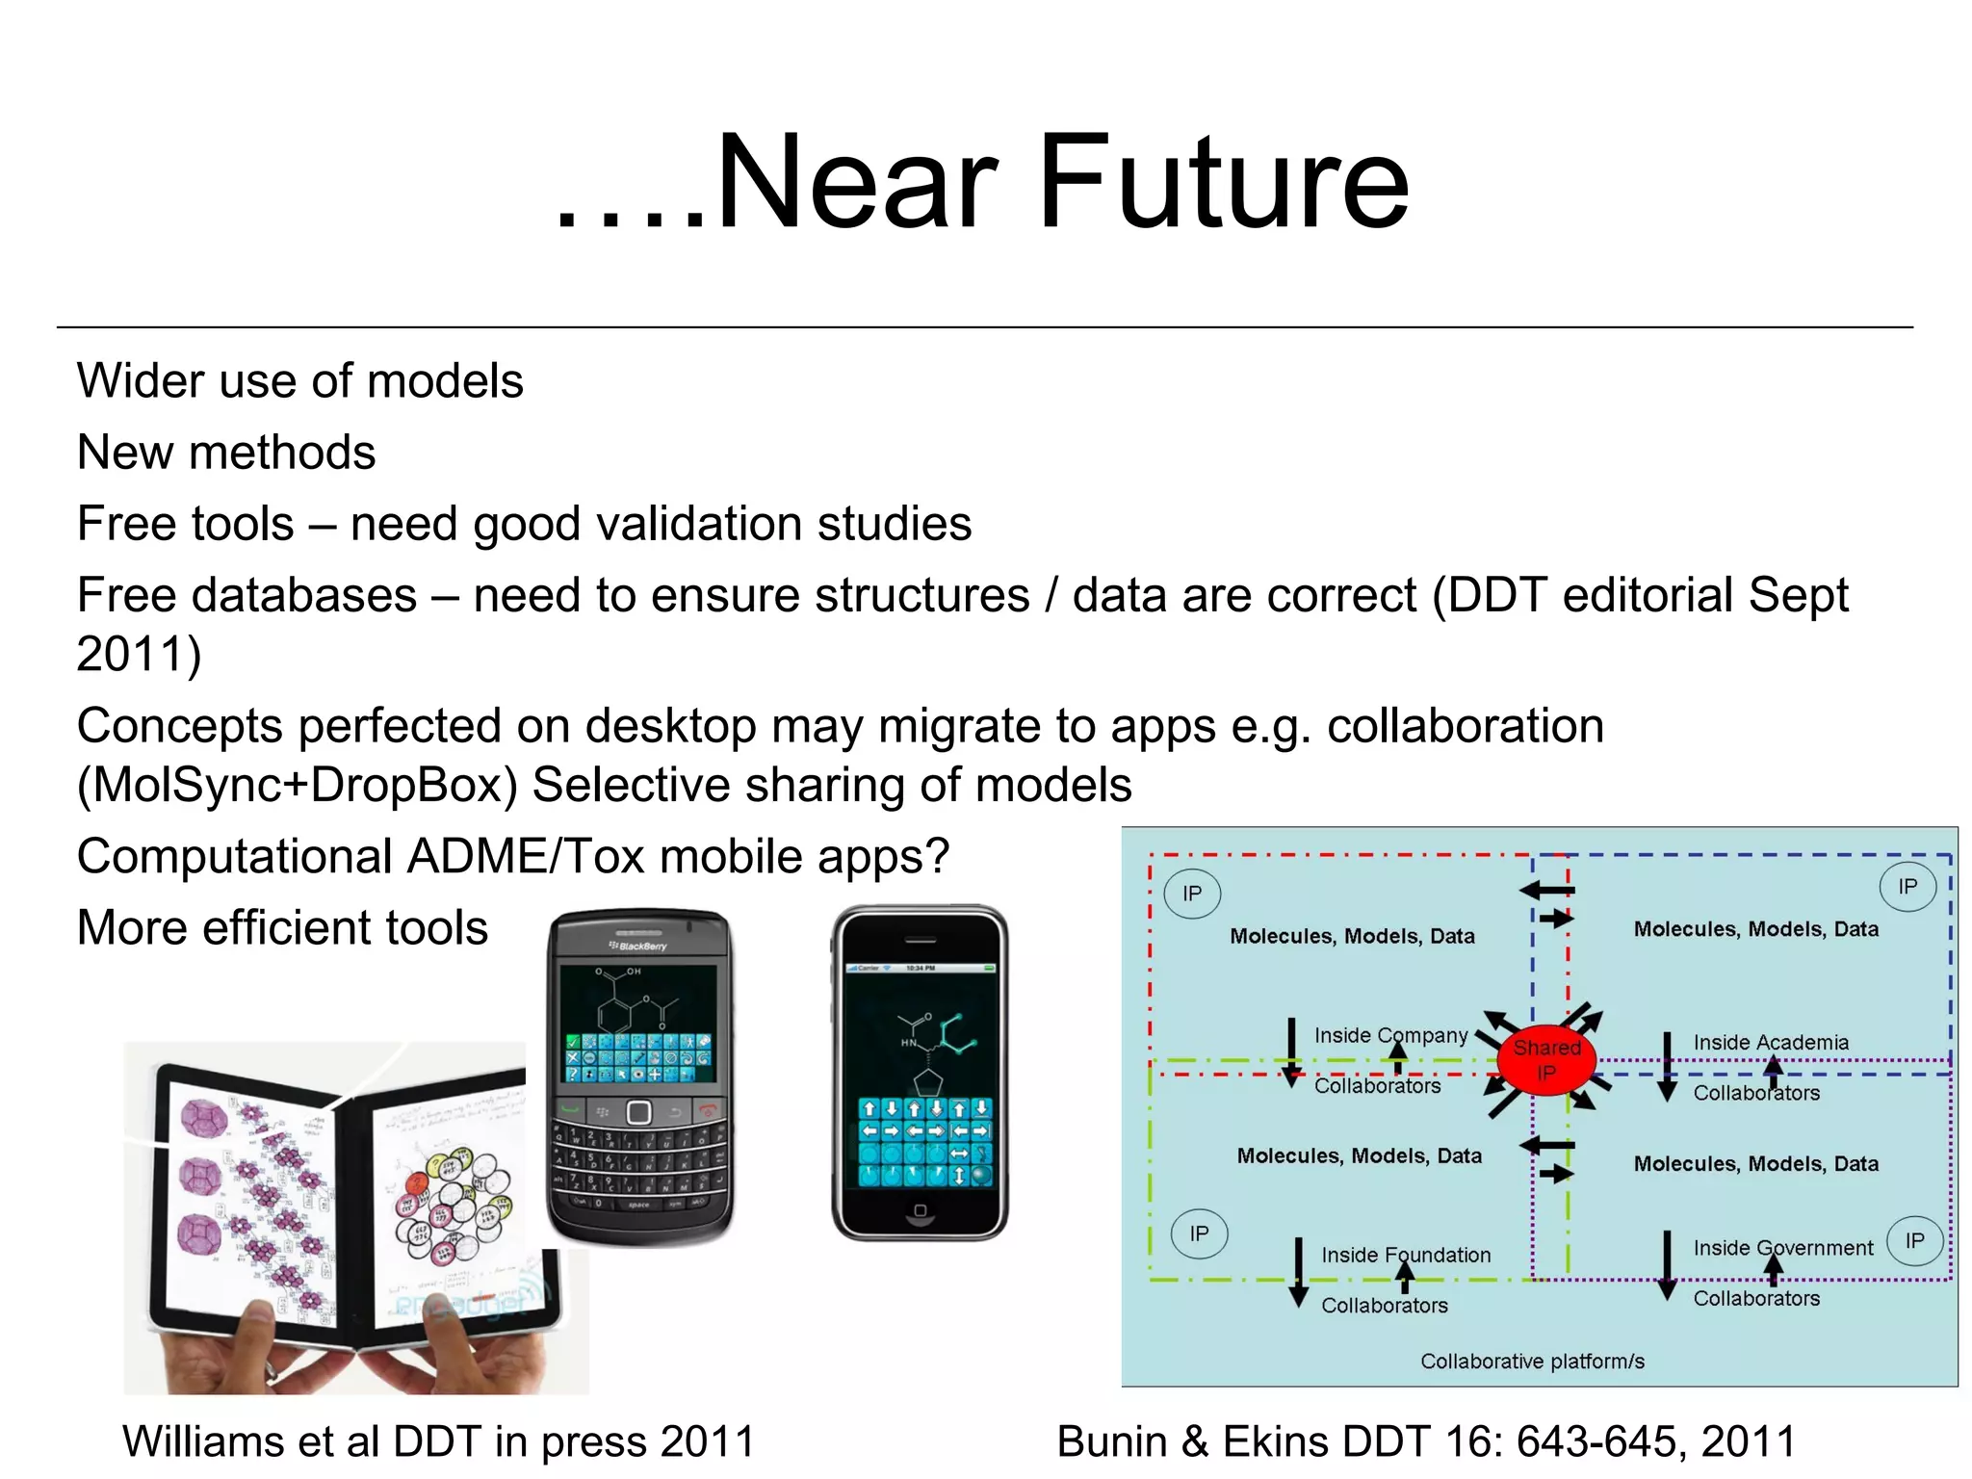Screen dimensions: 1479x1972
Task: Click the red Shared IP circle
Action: pyautogui.click(x=1546, y=1059)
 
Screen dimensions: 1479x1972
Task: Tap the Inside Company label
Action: pyautogui.click(x=1390, y=1035)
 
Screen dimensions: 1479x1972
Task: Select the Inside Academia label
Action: pyautogui.click(x=1771, y=1042)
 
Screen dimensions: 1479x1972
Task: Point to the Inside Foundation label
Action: pyautogui.click(x=1405, y=1255)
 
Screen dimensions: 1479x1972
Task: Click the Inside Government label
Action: pyautogui.click(x=1782, y=1248)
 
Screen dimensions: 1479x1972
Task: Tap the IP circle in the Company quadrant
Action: pyautogui.click(x=1192, y=894)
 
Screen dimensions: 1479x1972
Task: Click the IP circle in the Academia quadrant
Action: pyautogui.click(x=1907, y=887)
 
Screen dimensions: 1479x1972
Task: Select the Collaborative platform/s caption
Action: pyautogui.click(x=1532, y=1361)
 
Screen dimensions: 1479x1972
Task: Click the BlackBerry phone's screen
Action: pyautogui.click(x=638, y=1025)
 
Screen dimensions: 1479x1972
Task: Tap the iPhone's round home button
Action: pyautogui.click(x=920, y=1210)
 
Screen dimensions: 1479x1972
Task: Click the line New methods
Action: pyautogui.click(x=226, y=452)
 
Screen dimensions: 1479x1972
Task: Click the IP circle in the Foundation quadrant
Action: pyautogui.click(x=1199, y=1233)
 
